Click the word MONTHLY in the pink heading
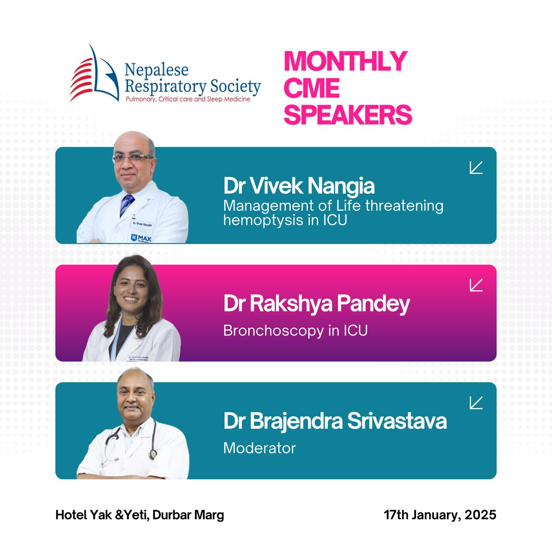pos(345,61)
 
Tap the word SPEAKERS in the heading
pos(348,115)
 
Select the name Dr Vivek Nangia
pos(299,186)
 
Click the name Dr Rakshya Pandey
pos(317,303)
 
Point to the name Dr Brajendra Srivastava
pos(335,421)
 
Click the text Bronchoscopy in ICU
pos(295,331)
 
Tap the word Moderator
pos(260,448)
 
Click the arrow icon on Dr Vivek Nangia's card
pos(476,167)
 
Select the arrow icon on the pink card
pos(476,285)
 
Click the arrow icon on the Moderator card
pos(476,402)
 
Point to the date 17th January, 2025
pos(440,515)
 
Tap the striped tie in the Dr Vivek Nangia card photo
pos(127,204)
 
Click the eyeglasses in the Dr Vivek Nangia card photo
pos(133,158)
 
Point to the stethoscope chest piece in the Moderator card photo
pos(153,455)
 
